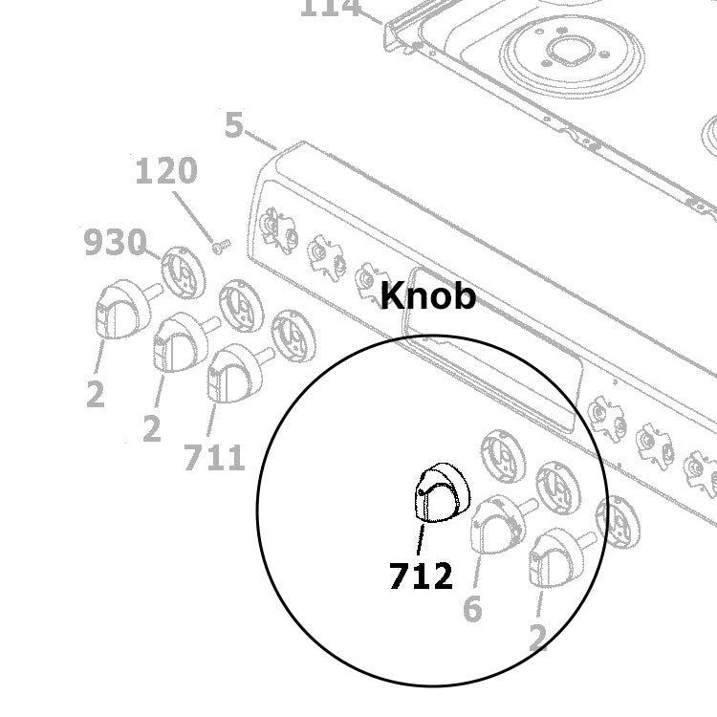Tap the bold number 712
point(421,576)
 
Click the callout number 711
point(214,458)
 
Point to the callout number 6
point(472,608)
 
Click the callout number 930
point(115,243)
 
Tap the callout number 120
point(166,172)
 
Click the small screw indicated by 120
point(221,247)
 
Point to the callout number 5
point(234,125)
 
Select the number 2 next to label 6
point(538,638)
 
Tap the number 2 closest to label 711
point(151,428)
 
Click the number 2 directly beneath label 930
point(95,393)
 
